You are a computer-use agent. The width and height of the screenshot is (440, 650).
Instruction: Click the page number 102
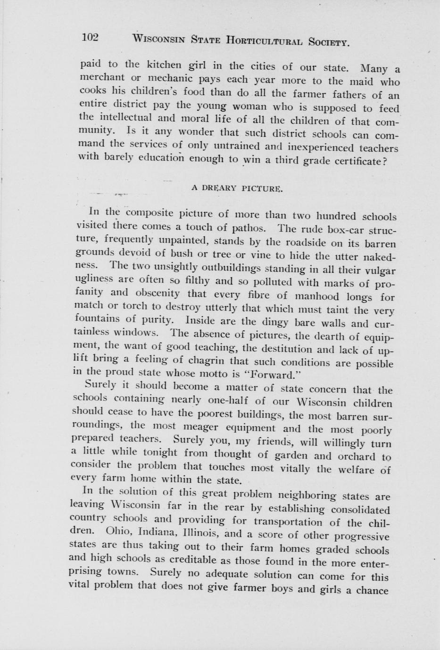click(x=89, y=38)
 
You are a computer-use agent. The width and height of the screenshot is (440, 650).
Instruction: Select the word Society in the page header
click(x=329, y=42)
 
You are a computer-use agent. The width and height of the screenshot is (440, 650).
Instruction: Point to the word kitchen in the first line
click(x=164, y=65)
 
